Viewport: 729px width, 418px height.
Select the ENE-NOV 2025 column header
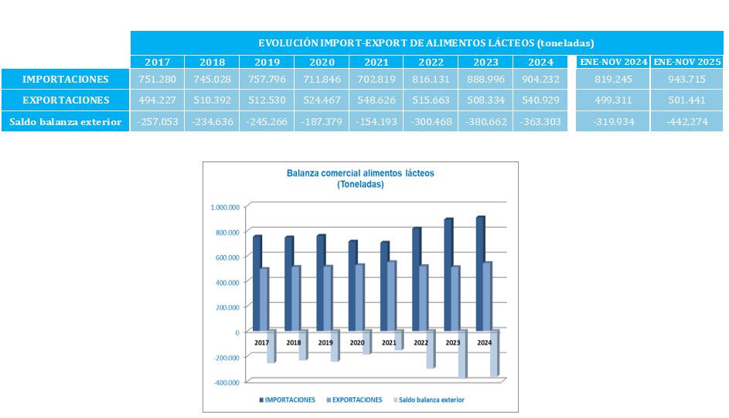[687, 62]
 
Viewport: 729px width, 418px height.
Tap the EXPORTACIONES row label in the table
[65, 100]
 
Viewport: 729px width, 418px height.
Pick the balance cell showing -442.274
[687, 121]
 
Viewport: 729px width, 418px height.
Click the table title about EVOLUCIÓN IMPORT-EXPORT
[425, 43]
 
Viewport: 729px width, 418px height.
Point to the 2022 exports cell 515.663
[431, 100]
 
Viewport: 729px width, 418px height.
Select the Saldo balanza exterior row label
[65, 121]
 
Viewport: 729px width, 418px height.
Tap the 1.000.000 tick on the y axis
[225, 207]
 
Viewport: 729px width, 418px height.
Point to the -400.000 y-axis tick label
[226, 382]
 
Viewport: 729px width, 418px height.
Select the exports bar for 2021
[391, 296]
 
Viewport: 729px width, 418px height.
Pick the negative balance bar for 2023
[462, 354]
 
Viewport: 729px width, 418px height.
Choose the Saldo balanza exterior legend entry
[432, 400]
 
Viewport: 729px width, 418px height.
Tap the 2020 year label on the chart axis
[357, 342]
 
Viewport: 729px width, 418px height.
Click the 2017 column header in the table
[157, 62]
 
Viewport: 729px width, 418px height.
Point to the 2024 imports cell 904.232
[540, 79]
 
